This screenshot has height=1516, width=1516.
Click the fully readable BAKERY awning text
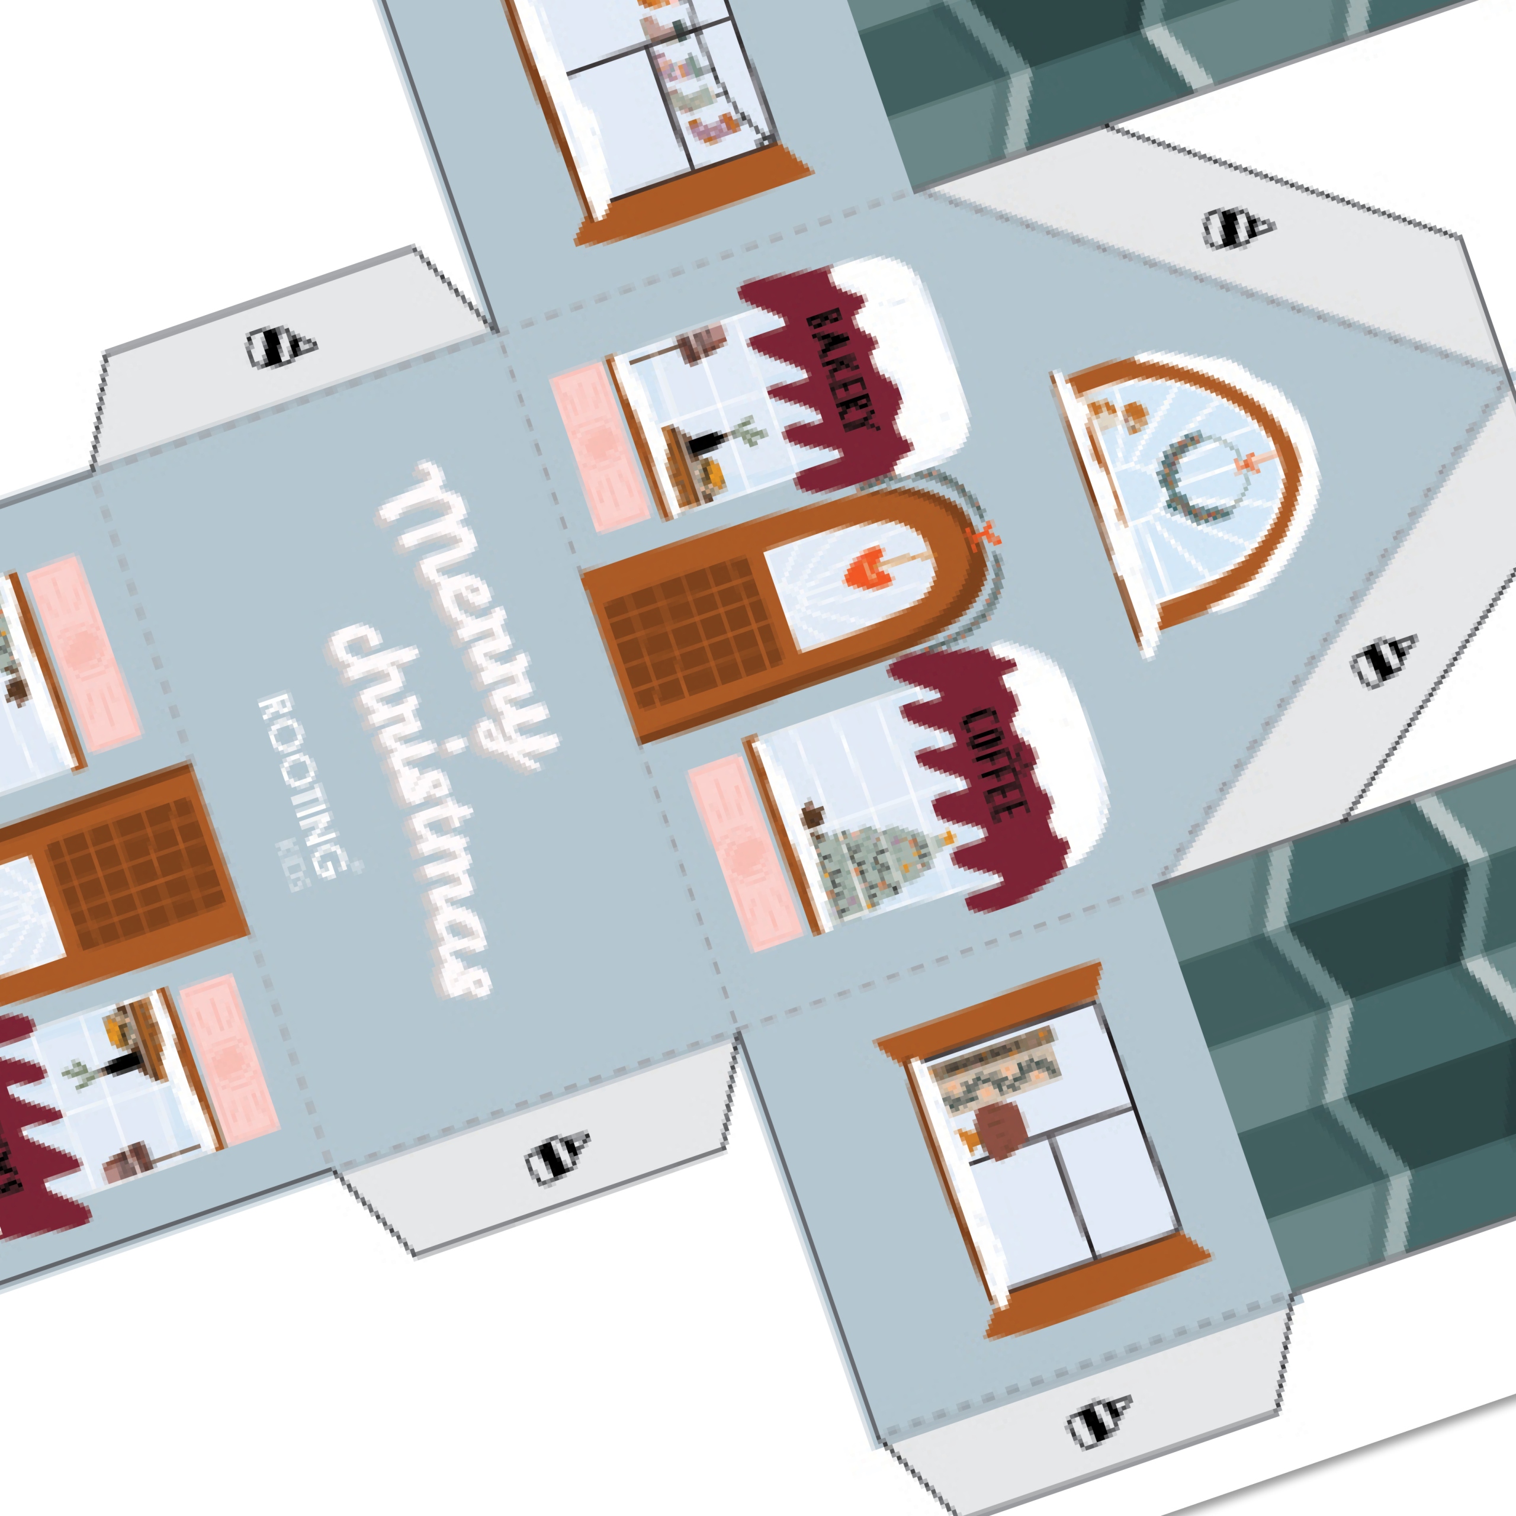tap(840, 369)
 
